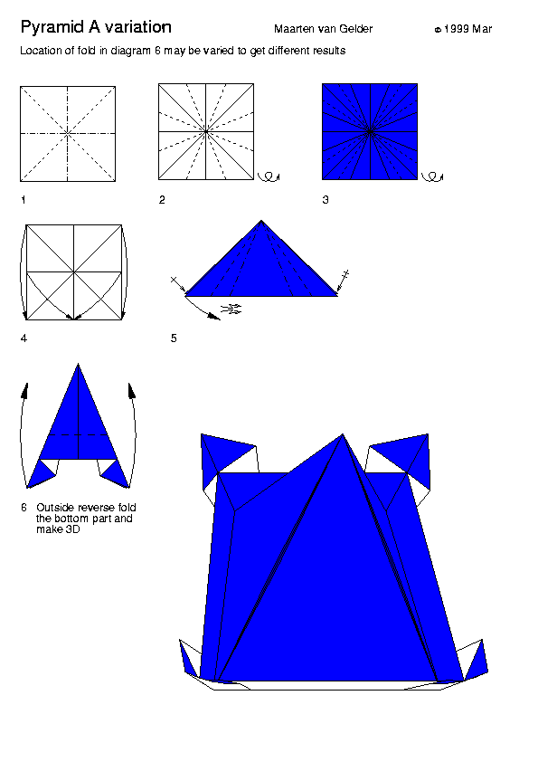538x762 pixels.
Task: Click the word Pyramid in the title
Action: click(52, 28)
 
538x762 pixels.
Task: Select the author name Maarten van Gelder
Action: click(324, 29)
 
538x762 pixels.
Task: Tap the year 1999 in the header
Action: click(457, 29)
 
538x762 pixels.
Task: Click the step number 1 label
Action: click(23, 200)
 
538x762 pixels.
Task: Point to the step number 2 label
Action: click(162, 200)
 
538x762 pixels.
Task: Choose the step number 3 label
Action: click(326, 200)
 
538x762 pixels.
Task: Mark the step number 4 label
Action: click(24, 338)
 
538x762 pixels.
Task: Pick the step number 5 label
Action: click(174, 338)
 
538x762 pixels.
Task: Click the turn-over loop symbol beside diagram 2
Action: click(269, 176)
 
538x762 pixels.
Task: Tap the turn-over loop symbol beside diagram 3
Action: click(432, 176)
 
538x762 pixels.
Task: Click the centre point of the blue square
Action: click(370, 131)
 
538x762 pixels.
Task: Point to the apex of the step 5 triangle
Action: click(261, 221)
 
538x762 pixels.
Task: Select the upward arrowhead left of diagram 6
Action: click(24, 391)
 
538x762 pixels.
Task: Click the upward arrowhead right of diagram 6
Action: click(132, 391)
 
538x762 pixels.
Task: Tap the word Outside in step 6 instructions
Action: click(53, 508)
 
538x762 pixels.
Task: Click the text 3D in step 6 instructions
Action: click(72, 529)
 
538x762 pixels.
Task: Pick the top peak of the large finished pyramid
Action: click(343, 434)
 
